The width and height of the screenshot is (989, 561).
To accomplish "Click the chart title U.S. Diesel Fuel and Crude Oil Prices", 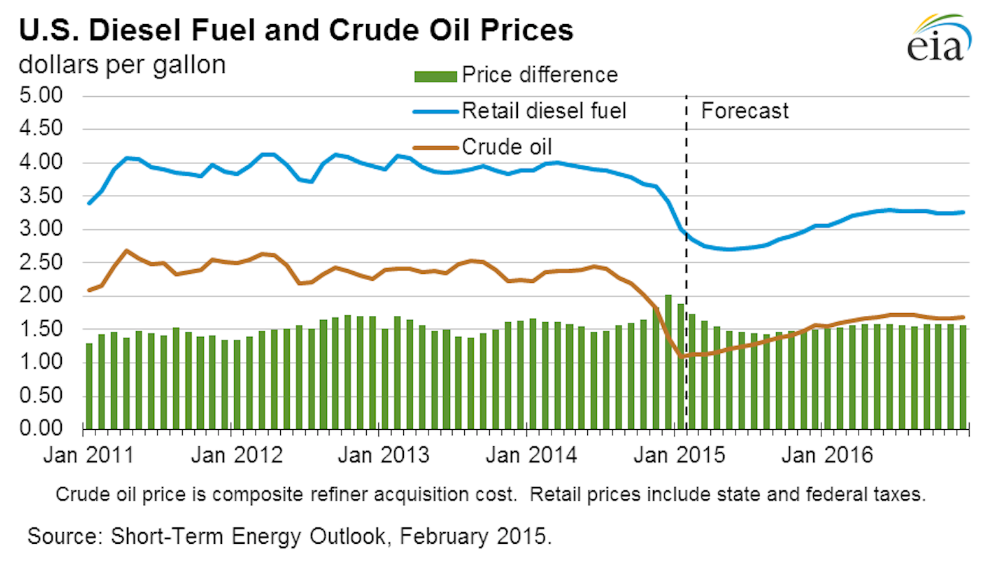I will [296, 32].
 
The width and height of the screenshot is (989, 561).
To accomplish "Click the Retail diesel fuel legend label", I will [544, 110].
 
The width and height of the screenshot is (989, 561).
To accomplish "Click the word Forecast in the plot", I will [744, 111].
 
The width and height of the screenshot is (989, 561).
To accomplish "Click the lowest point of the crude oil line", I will [682, 356].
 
